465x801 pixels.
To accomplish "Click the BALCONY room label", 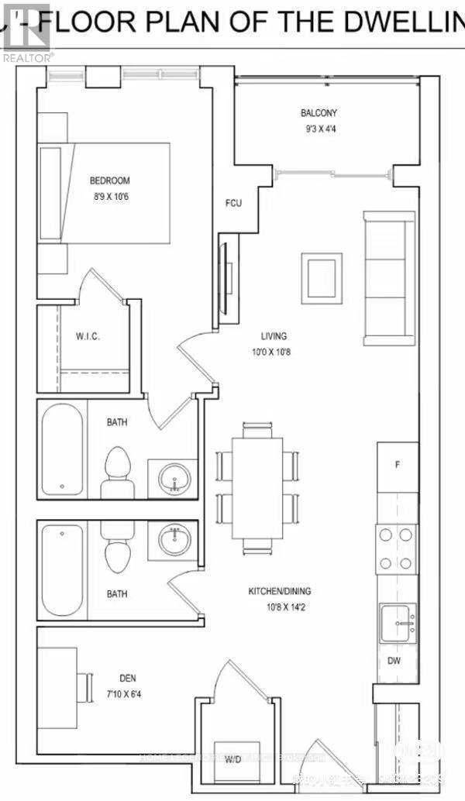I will [319, 113].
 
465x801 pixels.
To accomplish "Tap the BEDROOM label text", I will [109, 181].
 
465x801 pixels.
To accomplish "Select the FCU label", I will [233, 204].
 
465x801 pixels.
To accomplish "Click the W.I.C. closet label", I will [87, 338].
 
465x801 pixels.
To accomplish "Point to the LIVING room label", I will [274, 336].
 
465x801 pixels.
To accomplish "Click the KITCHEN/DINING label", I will [279, 591].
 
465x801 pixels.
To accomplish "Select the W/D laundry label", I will [233, 759].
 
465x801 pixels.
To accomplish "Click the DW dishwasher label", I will [394, 661].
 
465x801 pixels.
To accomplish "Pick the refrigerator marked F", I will [398, 466].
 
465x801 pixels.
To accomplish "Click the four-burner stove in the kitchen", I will [396, 548].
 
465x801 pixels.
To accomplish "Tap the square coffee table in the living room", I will [322, 278].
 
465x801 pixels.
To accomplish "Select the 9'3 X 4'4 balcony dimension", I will [319, 129].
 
